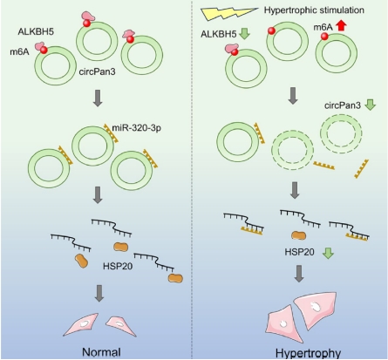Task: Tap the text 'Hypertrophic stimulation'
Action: coord(314,10)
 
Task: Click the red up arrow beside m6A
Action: coord(342,27)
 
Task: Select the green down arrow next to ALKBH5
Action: coord(245,34)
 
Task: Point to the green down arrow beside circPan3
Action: coord(370,105)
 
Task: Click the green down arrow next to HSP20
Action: coord(328,253)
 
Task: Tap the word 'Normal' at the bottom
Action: coord(101,352)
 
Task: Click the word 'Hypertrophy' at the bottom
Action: coord(308,354)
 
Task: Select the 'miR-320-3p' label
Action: coord(136,128)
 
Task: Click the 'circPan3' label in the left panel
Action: coord(98,71)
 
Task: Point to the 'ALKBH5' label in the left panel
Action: coord(36,31)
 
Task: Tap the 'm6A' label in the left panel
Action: coord(19,52)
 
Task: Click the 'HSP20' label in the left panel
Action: coord(118,266)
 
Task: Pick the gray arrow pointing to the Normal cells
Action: coord(99,293)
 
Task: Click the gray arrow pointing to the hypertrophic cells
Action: coord(299,274)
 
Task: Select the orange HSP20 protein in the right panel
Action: coord(299,235)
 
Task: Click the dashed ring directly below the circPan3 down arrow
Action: coord(341,133)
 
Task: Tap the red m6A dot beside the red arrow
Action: coord(324,37)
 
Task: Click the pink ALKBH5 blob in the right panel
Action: coord(231,49)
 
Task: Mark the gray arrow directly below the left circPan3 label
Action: coord(98,98)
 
